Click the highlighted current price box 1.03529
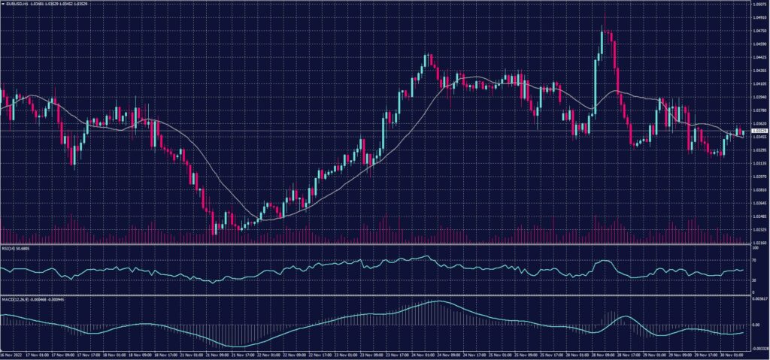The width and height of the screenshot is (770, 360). tap(759, 131)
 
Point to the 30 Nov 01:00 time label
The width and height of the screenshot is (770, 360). tap(734, 355)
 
